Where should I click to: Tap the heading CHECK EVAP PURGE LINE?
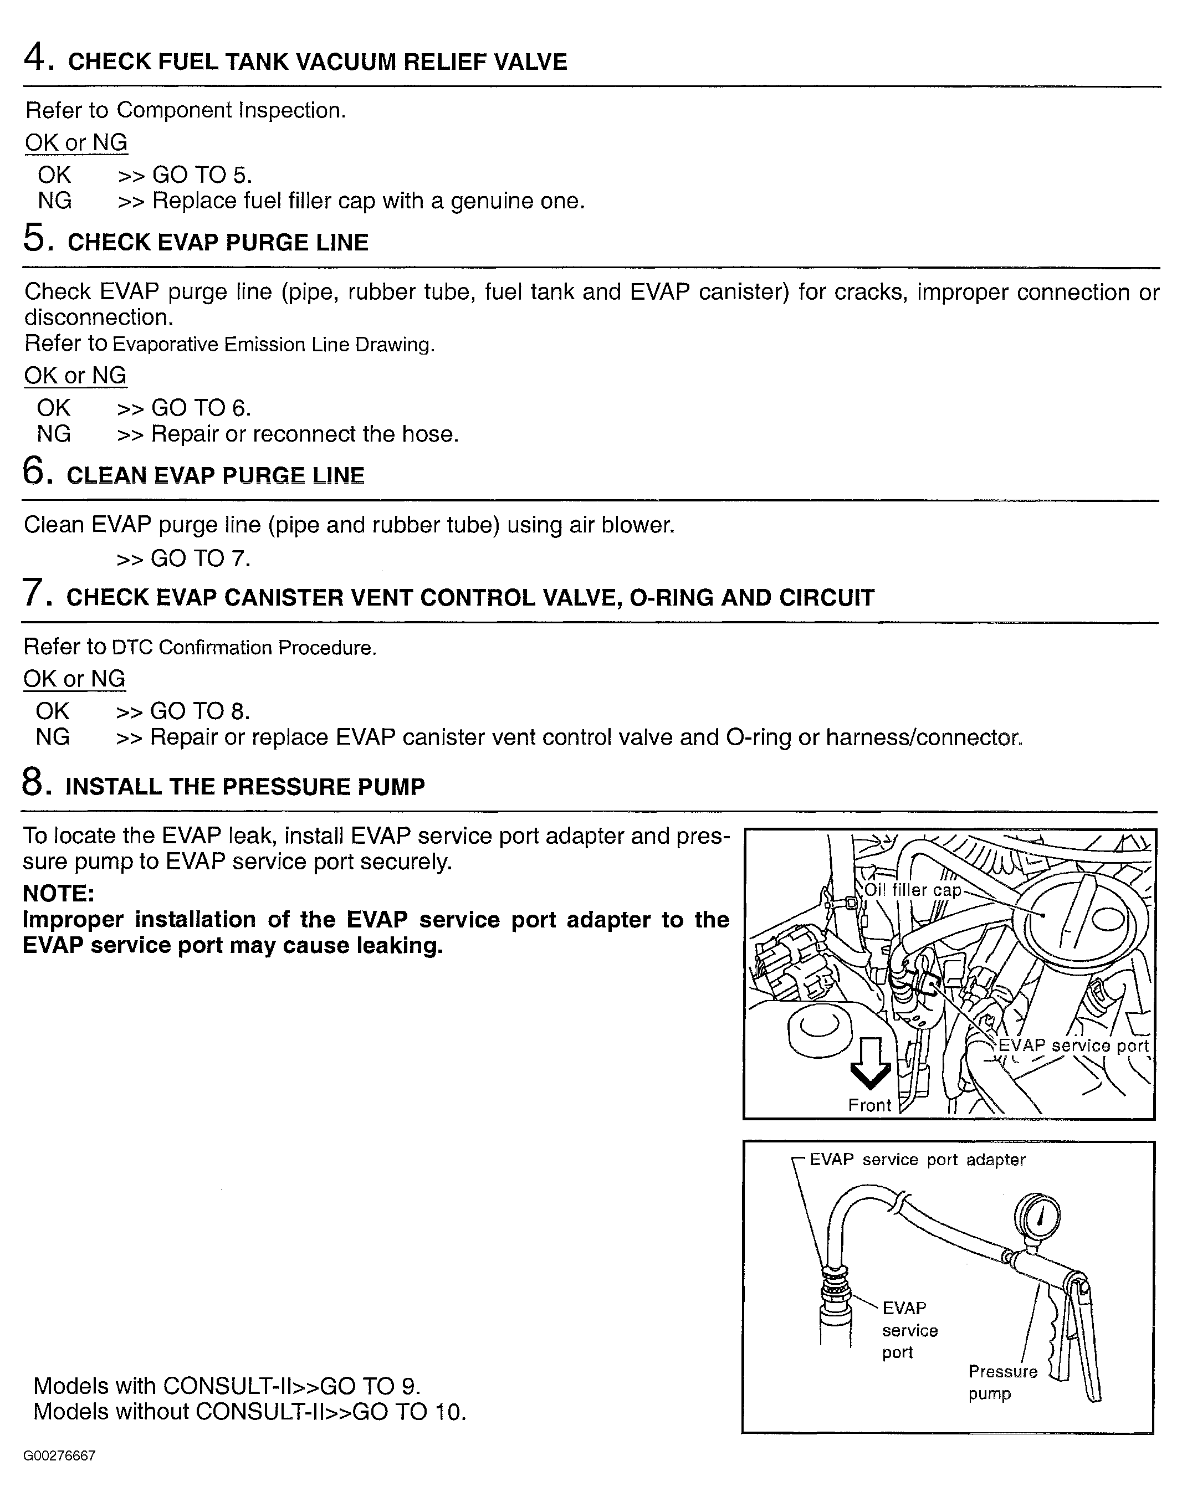pyautogui.click(x=217, y=243)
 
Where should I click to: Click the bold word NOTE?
pyautogui.click(x=59, y=893)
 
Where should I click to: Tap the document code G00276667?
pyautogui.click(x=59, y=1455)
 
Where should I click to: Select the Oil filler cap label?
pyautogui.click(x=913, y=890)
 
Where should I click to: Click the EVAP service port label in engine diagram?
pyautogui.click(x=1073, y=1045)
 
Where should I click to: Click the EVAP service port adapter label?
pyautogui.click(x=917, y=1160)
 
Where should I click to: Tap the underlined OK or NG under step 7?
pyautogui.click(x=74, y=679)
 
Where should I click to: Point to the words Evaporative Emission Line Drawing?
pyautogui.click(x=273, y=345)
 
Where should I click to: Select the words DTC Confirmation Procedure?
pyautogui.click(x=244, y=648)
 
